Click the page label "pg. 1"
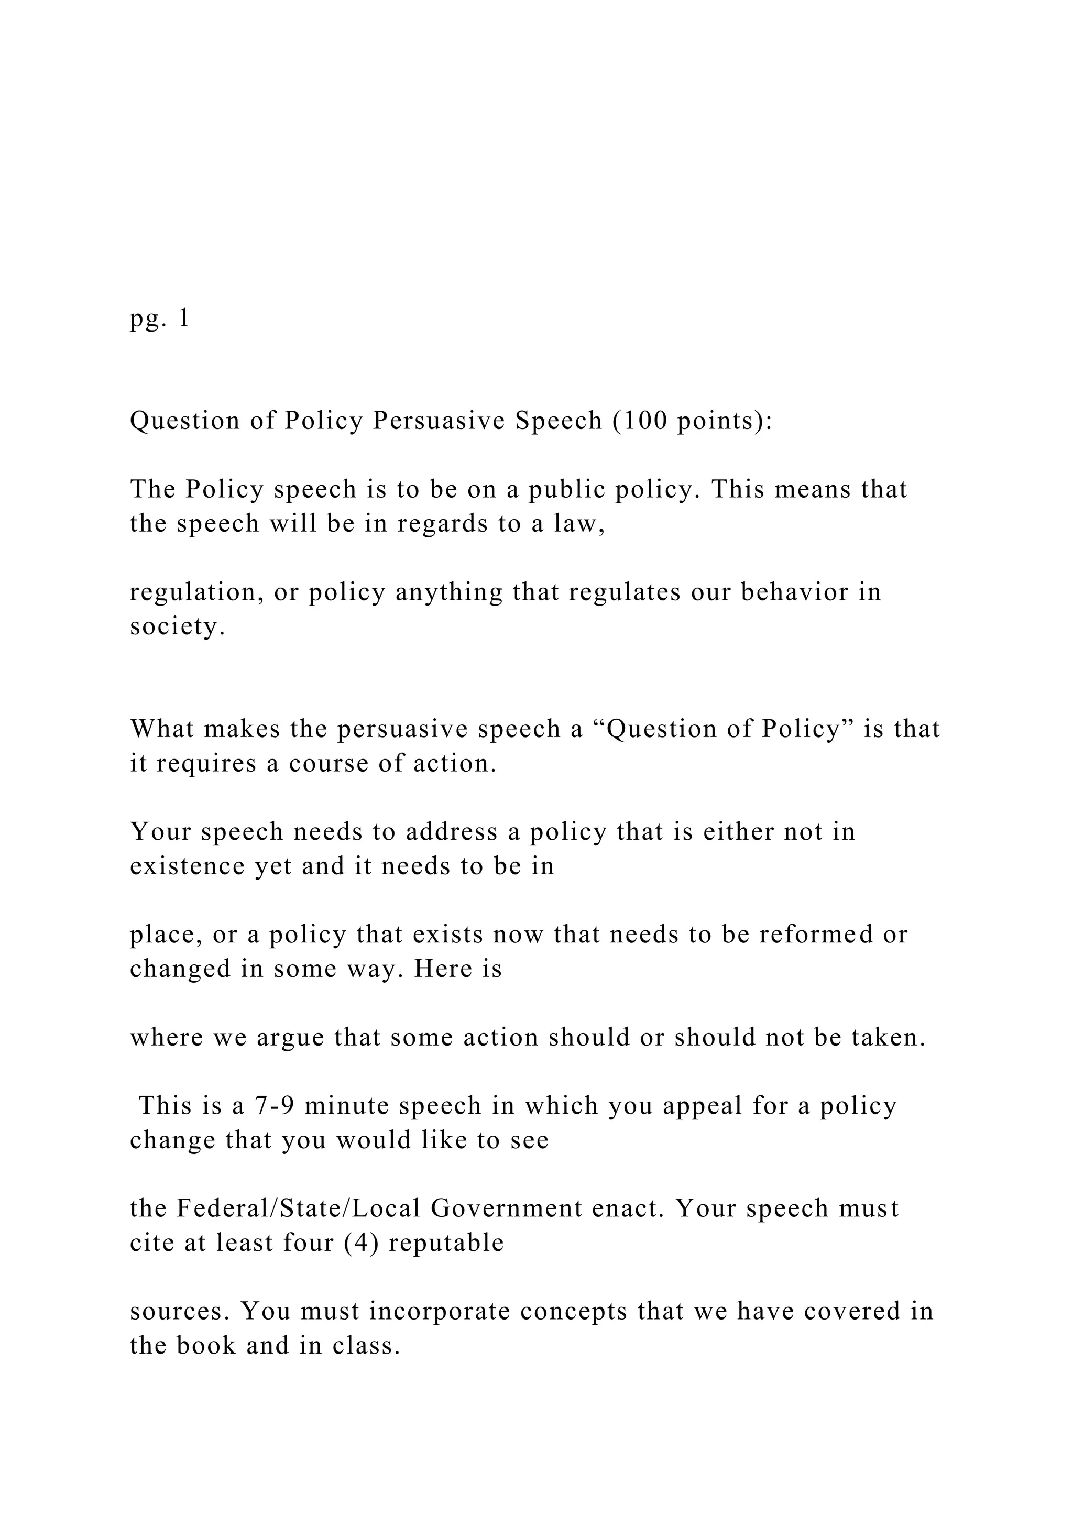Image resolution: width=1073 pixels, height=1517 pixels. pyautogui.click(x=160, y=319)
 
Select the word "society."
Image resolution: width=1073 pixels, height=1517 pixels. pyautogui.click(x=178, y=627)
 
